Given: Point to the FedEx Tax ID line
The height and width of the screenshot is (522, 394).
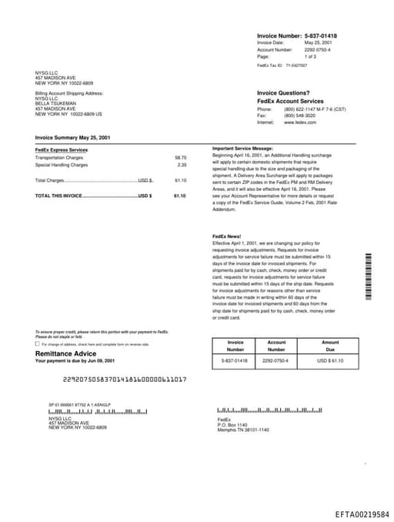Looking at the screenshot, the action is pos(282,66).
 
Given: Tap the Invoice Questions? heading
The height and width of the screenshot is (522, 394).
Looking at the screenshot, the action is pos(283,93).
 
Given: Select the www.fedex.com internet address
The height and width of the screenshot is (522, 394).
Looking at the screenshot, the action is pos(300,122).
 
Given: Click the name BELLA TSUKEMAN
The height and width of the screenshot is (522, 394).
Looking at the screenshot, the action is pos(56,103).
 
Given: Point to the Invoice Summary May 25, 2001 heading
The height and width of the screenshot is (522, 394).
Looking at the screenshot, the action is pos(72,137).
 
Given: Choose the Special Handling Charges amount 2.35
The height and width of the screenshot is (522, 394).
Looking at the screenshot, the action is pos(182,165).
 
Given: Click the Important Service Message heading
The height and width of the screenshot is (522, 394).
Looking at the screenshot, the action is pos(242,148).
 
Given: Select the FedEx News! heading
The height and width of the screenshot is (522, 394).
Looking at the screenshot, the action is pos(227,236).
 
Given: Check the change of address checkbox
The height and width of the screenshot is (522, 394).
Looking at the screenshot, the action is pos(38,343).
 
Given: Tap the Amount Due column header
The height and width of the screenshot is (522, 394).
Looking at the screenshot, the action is pos(330,346).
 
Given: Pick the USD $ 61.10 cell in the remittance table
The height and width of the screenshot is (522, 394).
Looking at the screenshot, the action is pos(330,360).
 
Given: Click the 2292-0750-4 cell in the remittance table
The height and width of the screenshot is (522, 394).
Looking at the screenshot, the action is pos(276,360).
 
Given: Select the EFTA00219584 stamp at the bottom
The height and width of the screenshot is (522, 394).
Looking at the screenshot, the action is pos(362,514).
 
